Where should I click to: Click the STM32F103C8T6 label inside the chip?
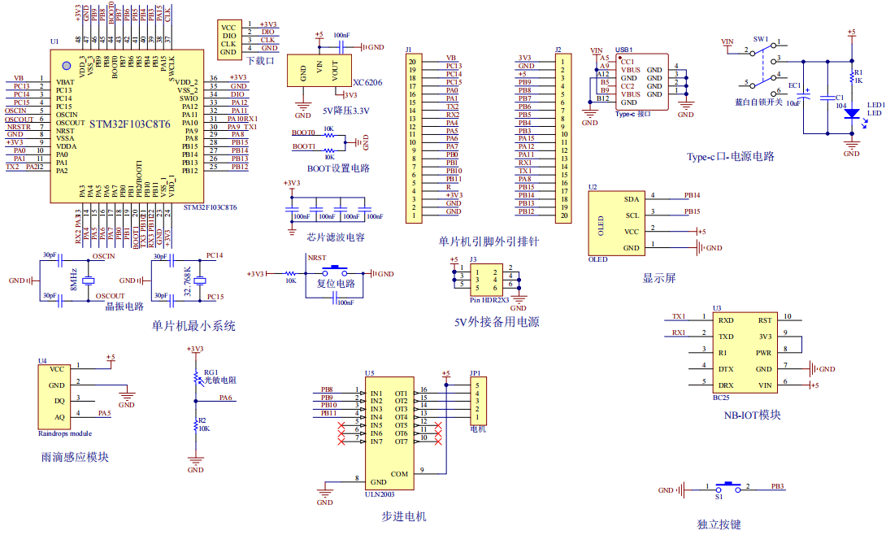(129, 124)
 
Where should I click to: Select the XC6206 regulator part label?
(367, 83)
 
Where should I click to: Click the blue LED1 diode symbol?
(851, 114)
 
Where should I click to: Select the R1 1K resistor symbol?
(851, 76)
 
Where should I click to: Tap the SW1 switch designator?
(760, 38)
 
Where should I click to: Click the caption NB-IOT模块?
(752, 415)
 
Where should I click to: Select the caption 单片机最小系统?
(193, 326)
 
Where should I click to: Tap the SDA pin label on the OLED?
(631, 199)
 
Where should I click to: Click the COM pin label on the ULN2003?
(399, 474)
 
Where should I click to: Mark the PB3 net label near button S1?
(777, 486)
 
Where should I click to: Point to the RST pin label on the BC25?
(764, 320)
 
